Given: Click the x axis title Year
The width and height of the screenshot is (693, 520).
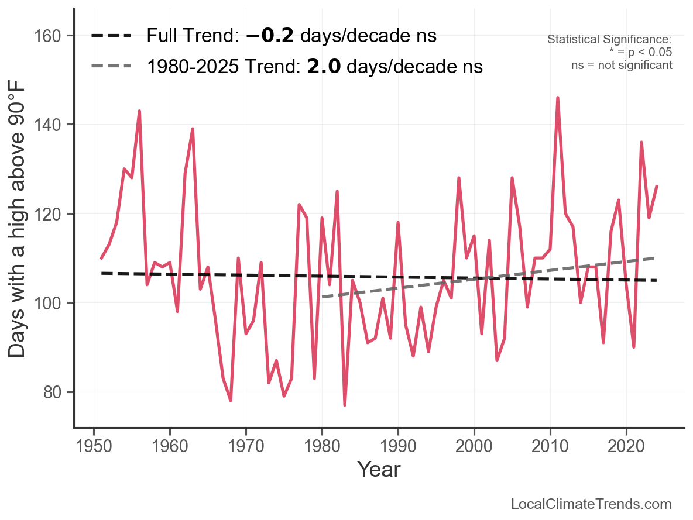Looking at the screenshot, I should (379, 469).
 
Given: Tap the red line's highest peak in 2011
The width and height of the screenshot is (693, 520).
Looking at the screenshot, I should (557, 98).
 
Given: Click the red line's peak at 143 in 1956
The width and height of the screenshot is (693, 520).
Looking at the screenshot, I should (139, 111).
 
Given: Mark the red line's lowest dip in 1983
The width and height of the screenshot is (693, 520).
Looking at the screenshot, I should (345, 405).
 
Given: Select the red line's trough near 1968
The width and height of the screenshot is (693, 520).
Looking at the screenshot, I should (231, 401).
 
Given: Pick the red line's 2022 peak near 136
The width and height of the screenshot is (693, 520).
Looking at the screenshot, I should (641, 142).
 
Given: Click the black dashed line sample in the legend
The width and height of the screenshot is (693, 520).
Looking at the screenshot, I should (111, 36).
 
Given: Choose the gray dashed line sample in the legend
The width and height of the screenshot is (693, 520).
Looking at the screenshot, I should (111, 67).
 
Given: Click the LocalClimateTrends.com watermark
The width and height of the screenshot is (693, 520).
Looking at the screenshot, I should (591, 504).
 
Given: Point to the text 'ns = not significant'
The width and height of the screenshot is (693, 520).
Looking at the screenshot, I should (622, 65).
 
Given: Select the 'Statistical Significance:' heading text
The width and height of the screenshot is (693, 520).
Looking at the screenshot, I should (609, 40).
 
